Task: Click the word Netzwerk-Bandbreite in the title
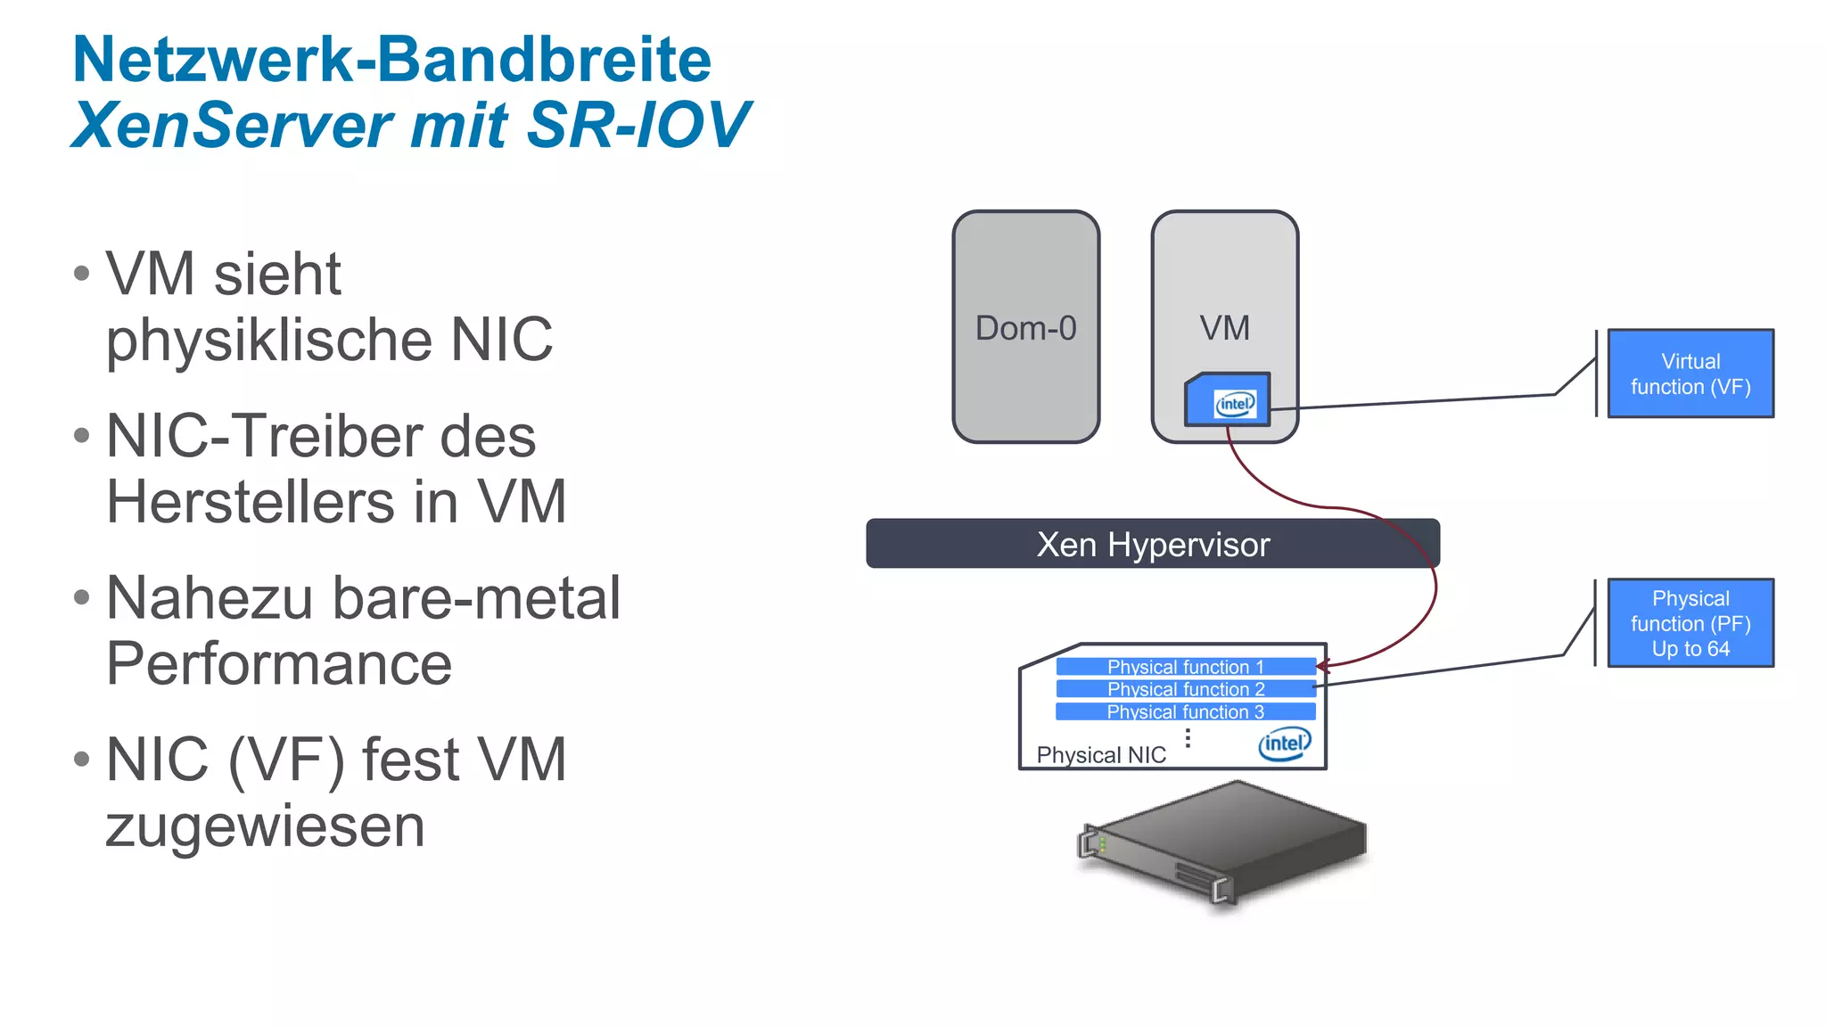pyautogui.click(x=391, y=61)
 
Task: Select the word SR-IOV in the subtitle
pyautogui.click(x=637, y=125)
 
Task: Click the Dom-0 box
pyautogui.click(x=1025, y=327)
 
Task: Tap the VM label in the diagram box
pyautogui.click(x=1224, y=328)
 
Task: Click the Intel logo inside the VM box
pyautogui.click(x=1235, y=404)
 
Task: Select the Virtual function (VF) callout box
pyautogui.click(x=1690, y=374)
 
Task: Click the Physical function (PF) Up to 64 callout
pyautogui.click(x=1690, y=623)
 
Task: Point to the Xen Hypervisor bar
pyautogui.click(x=1152, y=544)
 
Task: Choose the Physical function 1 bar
pyautogui.click(x=1185, y=667)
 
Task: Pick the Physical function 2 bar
pyautogui.click(x=1185, y=689)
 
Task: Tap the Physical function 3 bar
pyautogui.click(x=1185, y=711)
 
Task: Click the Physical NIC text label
pyautogui.click(x=1101, y=755)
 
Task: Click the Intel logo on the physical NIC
pyautogui.click(x=1284, y=744)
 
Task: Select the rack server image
pyautogui.click(x=1221, y=842)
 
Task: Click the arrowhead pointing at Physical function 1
pyautogui.click(x=1322, y=665)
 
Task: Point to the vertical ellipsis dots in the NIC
pyautogui.click(x=1188, y=738)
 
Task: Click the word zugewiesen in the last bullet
pyautogui.click(x=265, y=826)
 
